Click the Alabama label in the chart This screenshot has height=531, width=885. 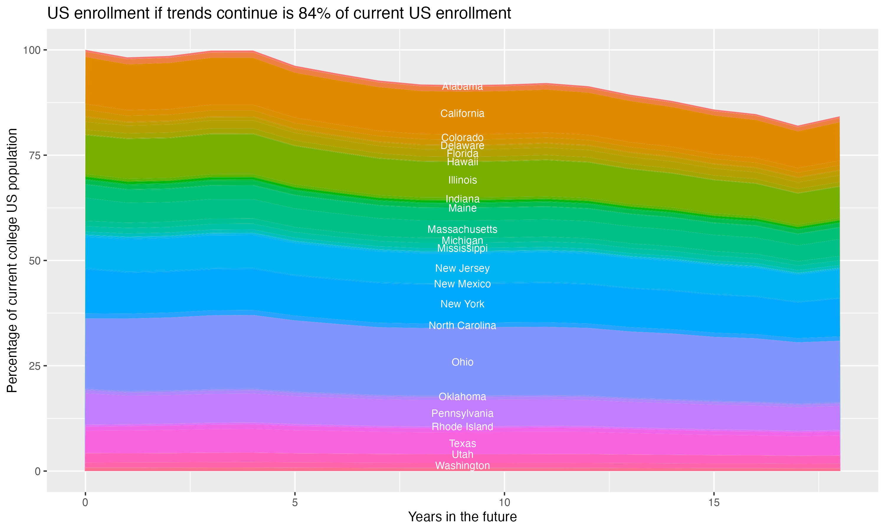click(x=462, y=86)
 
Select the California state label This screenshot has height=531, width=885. click(x=462, y=114)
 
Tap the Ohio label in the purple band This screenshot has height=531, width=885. click(x=462, y=362)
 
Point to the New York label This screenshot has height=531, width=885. click(x=462, y=304)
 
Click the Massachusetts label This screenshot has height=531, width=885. click(x=462, y=229)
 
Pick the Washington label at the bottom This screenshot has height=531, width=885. click(x=462, y=466)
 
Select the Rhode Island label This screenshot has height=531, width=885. click(x=462, y=427)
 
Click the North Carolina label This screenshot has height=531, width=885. click(x=462, y=325)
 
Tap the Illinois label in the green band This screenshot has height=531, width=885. click(x=462, y=180)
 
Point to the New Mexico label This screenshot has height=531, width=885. click(x=462, y=284)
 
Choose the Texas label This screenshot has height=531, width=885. click(x=462, y=443)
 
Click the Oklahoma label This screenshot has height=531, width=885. click(x=462, y=396)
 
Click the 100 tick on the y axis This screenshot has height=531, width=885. click(x=32, y=50)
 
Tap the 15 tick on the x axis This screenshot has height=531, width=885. click(x=714, y=503)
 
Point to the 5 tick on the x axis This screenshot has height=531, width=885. click(x=295, y=503)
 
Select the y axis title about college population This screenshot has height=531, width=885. click(x=12, y=260)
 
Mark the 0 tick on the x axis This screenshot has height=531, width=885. click(x=85, y=503)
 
